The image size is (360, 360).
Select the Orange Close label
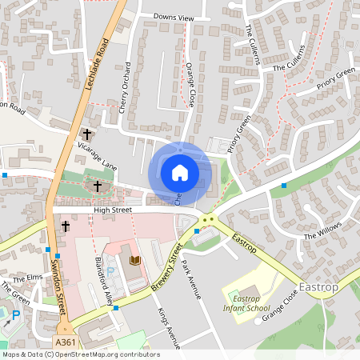click(x=190, y=85)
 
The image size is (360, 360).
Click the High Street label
click(x=112, y=210)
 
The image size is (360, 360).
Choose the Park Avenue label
click(x=193, y=278)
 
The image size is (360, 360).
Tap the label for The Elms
click(x=29, y=277)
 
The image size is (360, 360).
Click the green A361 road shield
click(x=66, y=342)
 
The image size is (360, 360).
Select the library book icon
click(x=134, y=261)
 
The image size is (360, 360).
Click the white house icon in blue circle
click(x=179, y=172)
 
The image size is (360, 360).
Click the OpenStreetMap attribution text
click(x=80, y=354)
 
